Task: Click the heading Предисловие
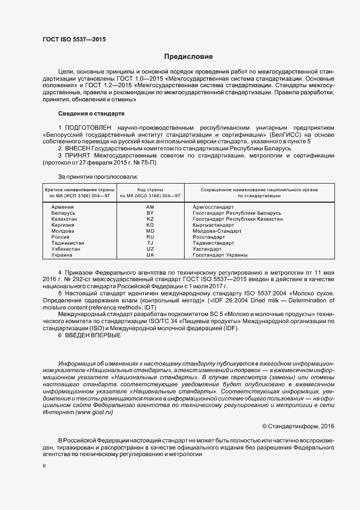[188, 57]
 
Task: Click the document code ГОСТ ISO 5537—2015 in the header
[74, 40]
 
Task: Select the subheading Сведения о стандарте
[91, 113]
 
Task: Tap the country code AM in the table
[150, 207]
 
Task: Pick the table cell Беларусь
[63, 213]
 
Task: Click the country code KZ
[150, 219]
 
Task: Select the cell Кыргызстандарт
[213, 225]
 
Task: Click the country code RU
[150, 237]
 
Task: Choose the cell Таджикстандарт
[213, 243]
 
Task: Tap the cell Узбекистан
[66, 249]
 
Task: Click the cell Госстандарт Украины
[220, 255]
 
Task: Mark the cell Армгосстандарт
[213, 207]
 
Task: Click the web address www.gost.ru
[94, 413]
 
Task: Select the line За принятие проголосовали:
[98, 177]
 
